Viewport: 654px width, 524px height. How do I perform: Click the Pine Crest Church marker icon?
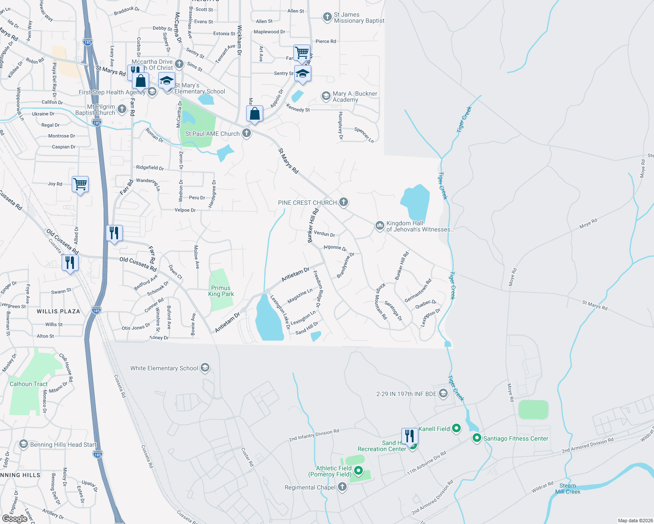344,202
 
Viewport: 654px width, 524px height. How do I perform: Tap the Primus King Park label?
221,291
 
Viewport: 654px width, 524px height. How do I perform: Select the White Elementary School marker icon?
205,368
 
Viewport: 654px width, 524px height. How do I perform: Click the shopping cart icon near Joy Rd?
80,184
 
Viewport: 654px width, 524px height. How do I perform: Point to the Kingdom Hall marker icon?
379,225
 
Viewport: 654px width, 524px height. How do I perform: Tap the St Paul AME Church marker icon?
247,133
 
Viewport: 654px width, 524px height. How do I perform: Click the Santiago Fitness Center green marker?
477,438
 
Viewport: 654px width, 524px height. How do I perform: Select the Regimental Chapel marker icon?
342,487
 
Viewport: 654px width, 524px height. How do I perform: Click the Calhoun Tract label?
28,384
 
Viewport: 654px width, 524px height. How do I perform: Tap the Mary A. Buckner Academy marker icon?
326,96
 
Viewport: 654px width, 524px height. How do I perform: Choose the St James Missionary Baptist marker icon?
327,17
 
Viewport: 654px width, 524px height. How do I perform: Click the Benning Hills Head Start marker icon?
24,445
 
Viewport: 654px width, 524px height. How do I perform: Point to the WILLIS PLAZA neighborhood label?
59,311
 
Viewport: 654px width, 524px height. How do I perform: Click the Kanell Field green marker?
456,428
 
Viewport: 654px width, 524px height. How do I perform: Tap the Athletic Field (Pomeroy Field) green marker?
358,471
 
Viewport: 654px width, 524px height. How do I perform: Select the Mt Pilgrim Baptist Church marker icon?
122,109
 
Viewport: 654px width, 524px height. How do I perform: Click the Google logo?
15,519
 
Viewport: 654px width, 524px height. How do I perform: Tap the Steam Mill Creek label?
567,489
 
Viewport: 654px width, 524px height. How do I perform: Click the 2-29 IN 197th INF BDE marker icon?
443,393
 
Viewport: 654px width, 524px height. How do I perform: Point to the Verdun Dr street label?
324,234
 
